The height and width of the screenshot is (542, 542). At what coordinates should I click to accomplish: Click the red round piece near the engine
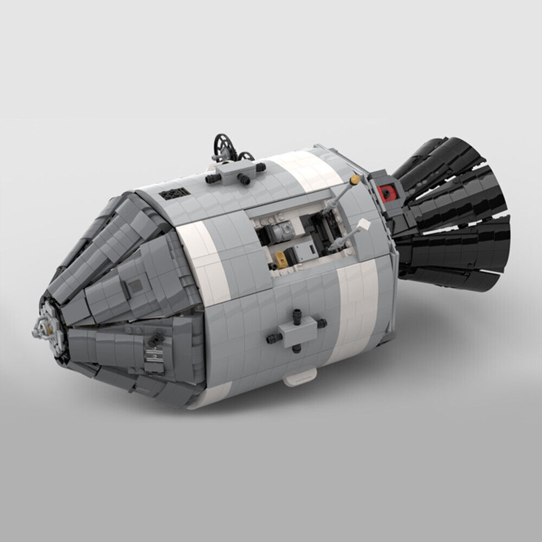coord(387,191)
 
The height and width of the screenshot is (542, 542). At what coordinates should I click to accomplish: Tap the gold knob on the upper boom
coord(355,178)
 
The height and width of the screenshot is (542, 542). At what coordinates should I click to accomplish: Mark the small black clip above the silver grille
coord(153,339)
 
